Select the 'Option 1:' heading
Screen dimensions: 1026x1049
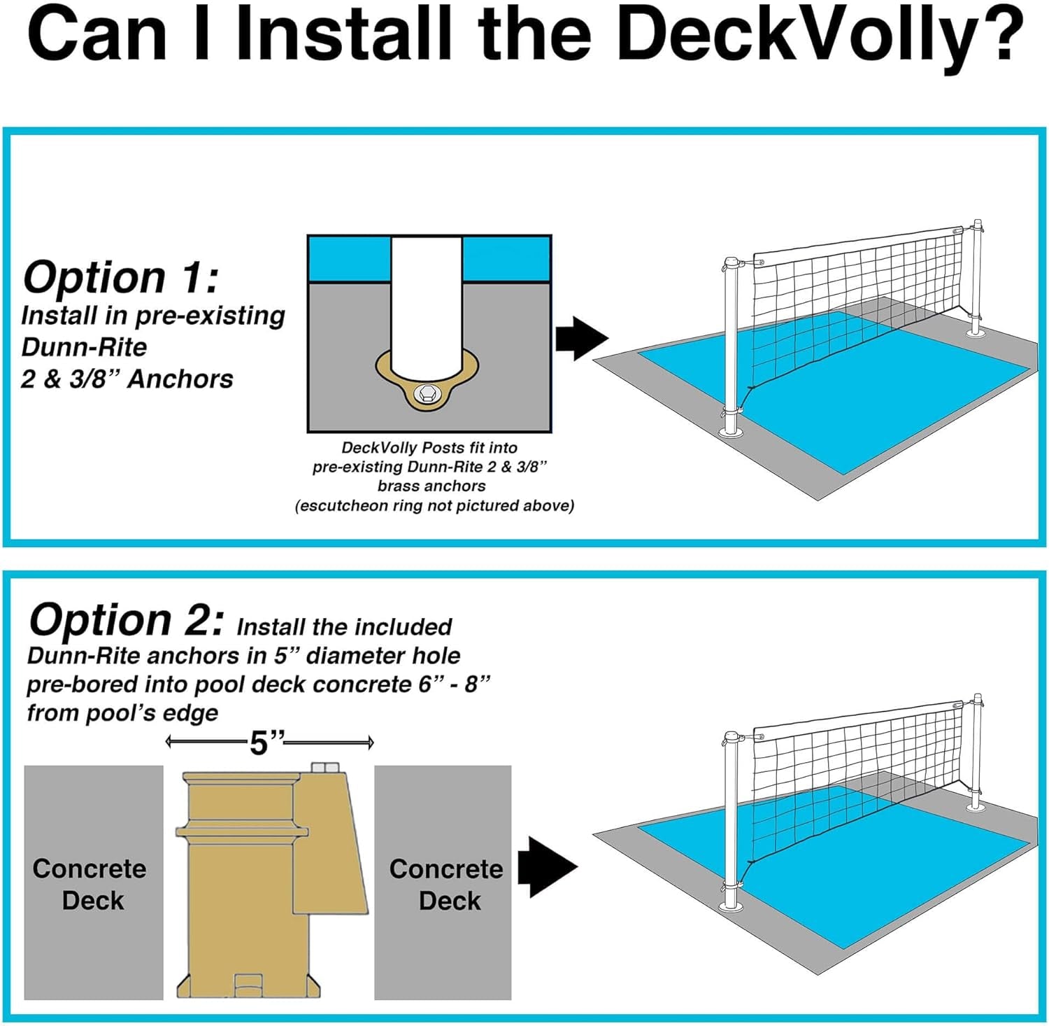click(x=120, y=276)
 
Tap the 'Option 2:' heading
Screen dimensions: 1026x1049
click(x=127, y=619)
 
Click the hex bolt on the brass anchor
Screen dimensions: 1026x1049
click(x=425, y=395)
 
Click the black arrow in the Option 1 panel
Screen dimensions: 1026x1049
click(x=581, y=339)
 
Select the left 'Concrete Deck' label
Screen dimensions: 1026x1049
click(x=90, y=884)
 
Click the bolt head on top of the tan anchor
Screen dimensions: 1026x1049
click(x=324, y=768)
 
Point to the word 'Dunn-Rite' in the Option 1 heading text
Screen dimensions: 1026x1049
click(x=84, y=347)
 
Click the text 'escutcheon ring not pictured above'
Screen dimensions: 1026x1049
click(x=434, y=506)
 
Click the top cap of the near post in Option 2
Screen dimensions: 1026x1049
click(x=732, y=738)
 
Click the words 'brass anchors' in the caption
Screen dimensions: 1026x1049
click(x=431, y=486)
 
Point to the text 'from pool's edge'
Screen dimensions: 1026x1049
click(x=122, y=712)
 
